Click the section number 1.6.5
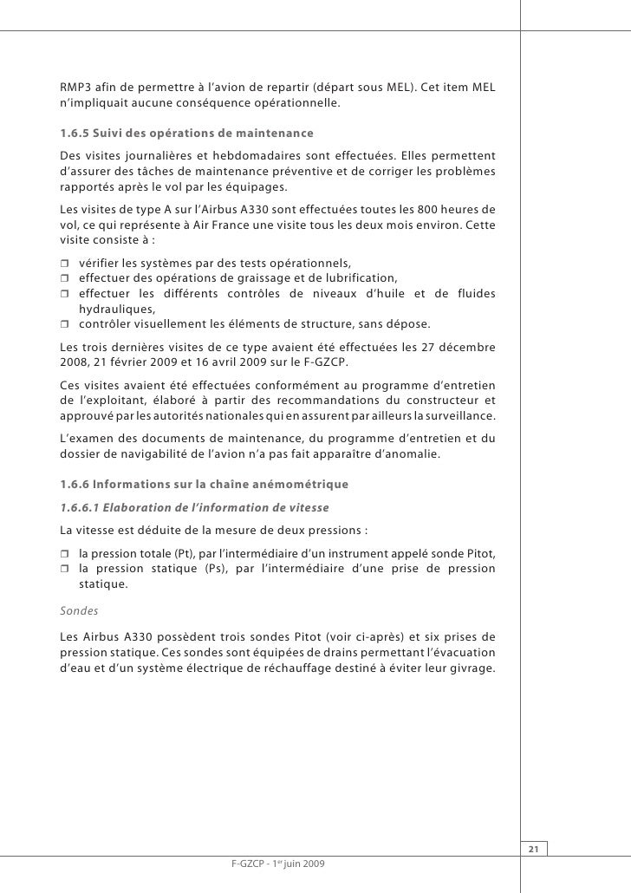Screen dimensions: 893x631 point(75,133)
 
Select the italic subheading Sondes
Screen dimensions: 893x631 point(77,609)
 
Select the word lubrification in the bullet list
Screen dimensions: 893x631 point(359,278)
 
